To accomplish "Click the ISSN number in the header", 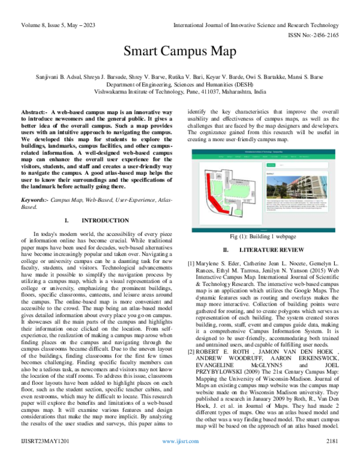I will point(314,35).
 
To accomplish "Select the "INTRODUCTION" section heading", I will point(99,220).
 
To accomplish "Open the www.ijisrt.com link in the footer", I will point(179,458).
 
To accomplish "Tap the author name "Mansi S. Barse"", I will point(310,77).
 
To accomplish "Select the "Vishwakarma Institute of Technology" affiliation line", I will point(179,93).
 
